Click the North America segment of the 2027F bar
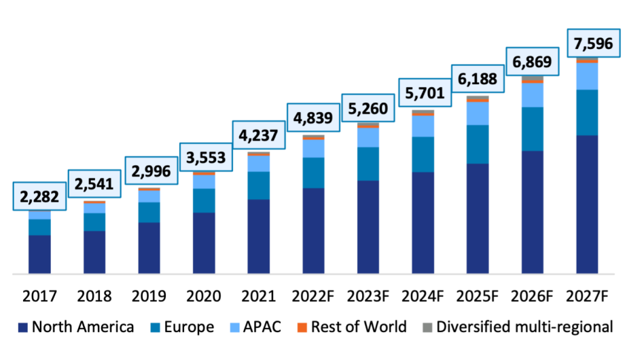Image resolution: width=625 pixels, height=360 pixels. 587,204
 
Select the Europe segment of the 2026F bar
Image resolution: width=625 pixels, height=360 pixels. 532,129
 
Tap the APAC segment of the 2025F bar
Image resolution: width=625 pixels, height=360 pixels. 478,113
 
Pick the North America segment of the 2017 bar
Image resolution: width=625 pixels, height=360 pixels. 39,254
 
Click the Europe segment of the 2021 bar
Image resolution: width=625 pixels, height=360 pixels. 258,185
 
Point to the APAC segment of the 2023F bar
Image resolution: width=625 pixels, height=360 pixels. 368,137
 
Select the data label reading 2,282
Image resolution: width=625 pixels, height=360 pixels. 39,196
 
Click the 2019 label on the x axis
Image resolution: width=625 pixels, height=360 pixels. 149,296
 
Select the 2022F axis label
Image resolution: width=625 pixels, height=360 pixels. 313,296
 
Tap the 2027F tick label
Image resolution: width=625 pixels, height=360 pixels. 588,296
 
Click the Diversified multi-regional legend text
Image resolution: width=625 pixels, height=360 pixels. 524,327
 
